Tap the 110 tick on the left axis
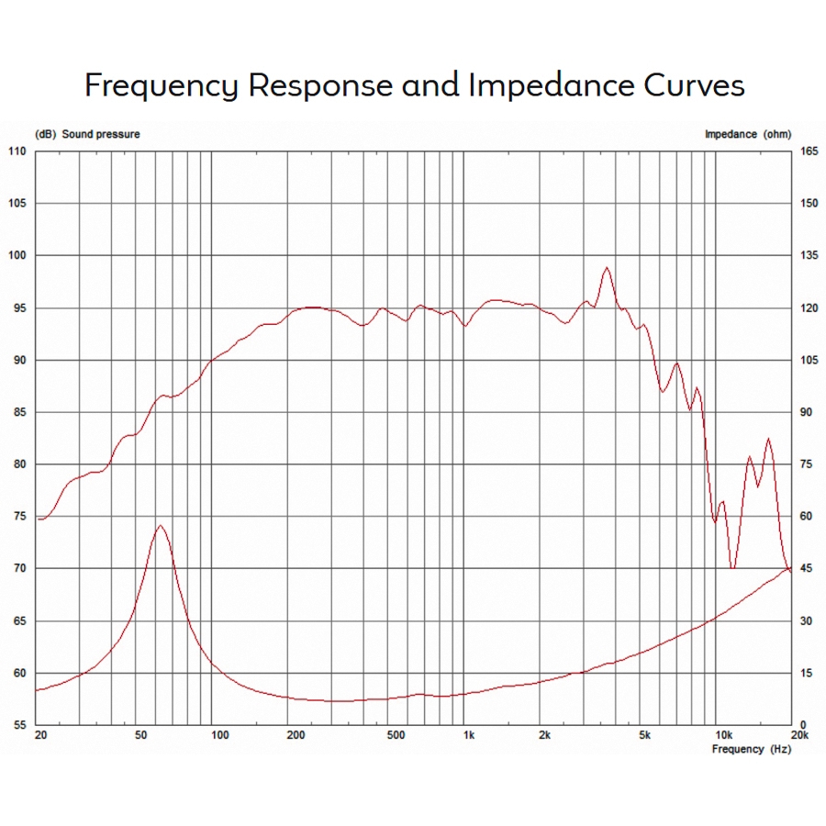[17, 151]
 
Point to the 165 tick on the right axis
[808, 151]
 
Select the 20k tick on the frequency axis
[799, 736]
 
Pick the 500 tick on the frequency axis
[396, 736]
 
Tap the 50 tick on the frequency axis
[140, 736]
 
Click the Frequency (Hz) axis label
[751, 749]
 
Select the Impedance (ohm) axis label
[747, 134]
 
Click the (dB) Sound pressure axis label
[87, 134]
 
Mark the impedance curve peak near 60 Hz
[161, 526]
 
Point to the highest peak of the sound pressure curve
[607, 268]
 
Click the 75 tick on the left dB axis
[17, 517]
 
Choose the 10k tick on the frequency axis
[723, 736]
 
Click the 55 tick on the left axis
[17, 725]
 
